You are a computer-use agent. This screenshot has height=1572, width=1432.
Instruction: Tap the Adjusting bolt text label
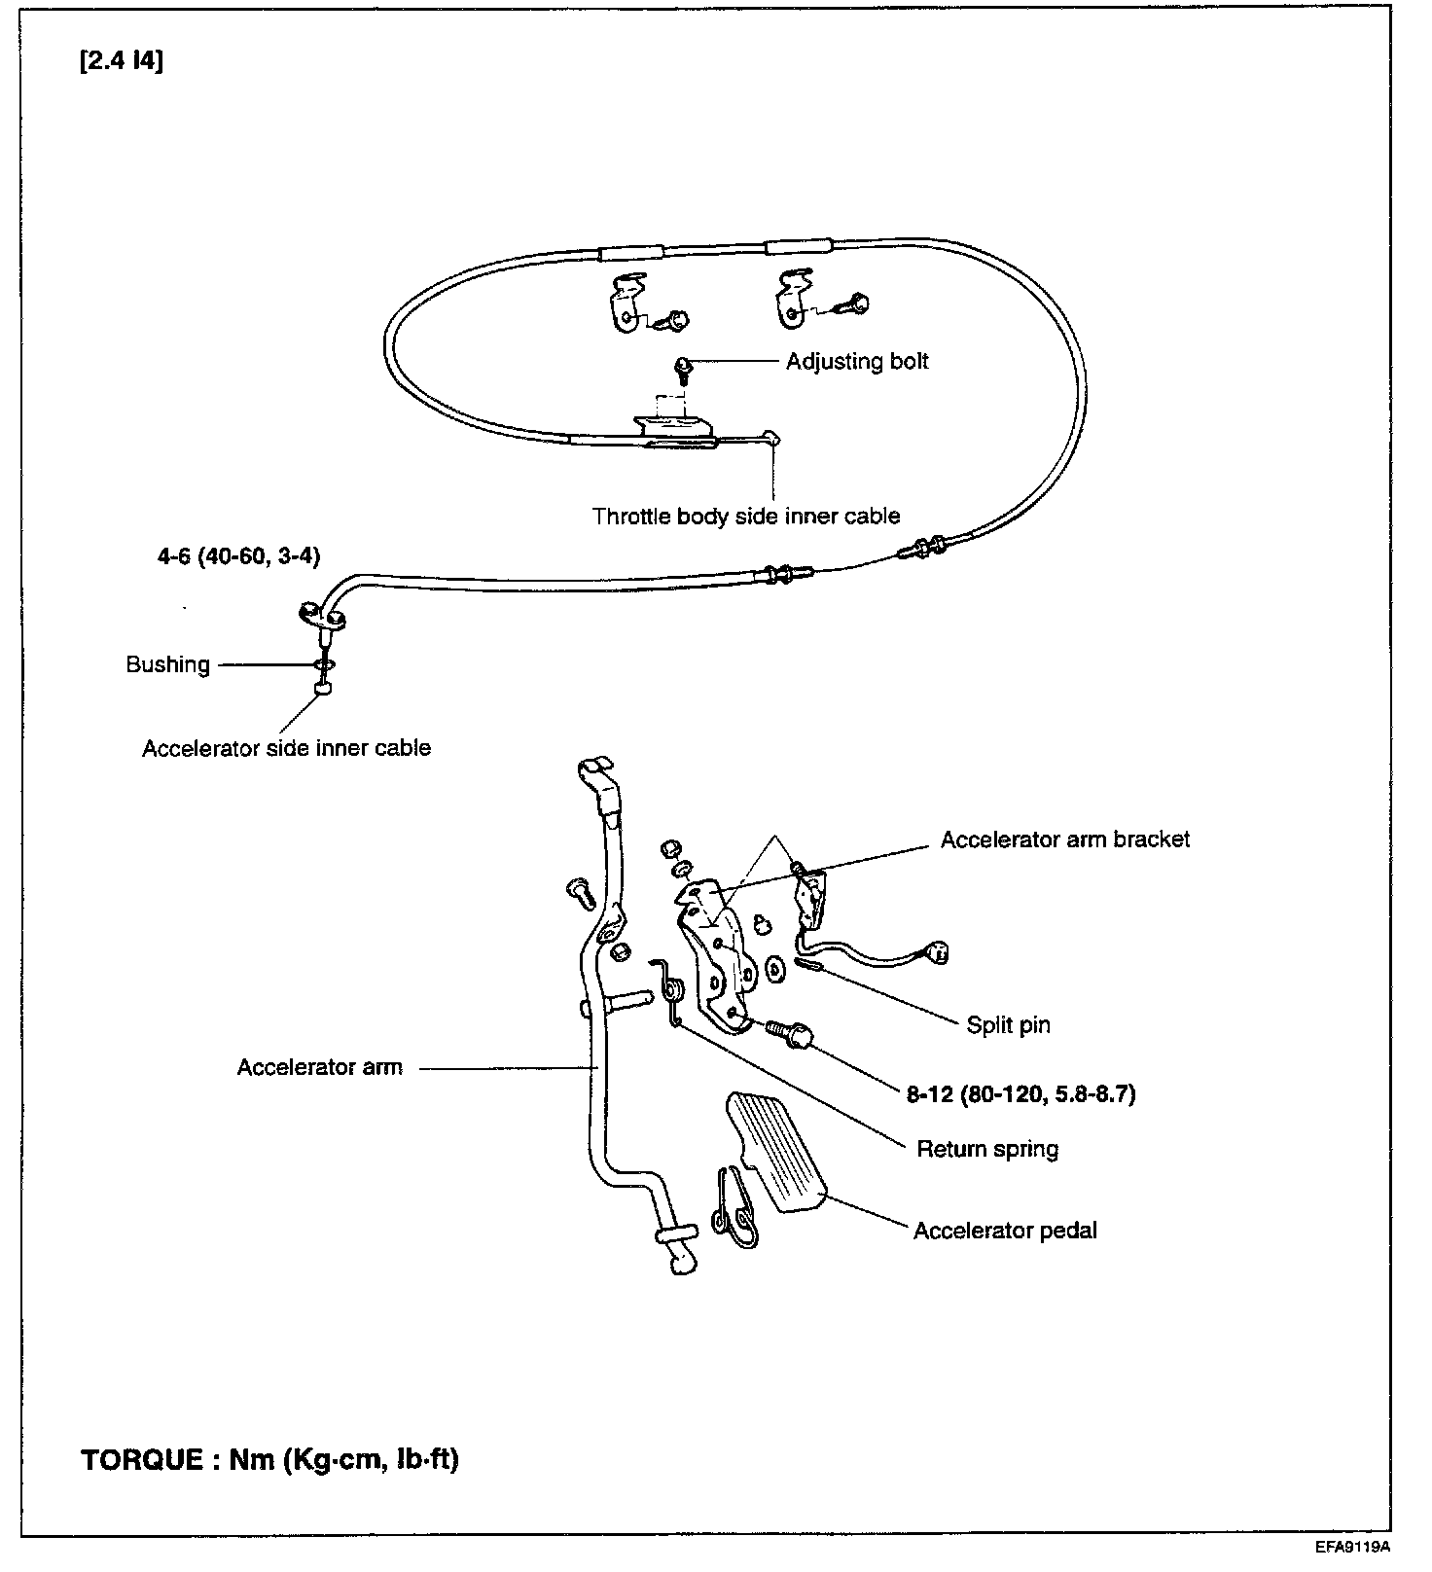pyautogui.click(x=856, y=362)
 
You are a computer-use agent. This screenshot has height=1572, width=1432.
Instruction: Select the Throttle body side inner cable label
pyautogui.click(x=746, y=516)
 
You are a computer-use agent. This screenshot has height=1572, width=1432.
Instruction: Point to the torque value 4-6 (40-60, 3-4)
pyautogui.click(x=239, y=556)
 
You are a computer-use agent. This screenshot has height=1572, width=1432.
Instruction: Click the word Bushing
pyautogui.click(x=168, y=664)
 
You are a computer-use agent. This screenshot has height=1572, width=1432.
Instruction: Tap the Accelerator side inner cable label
pyautogui.click(x=286, y=748)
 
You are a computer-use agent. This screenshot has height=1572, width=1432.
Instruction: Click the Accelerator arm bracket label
pyautogui.click(x=1064, y=840)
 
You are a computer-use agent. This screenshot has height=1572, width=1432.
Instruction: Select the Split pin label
pyautogui.click(x=1008, y=1024)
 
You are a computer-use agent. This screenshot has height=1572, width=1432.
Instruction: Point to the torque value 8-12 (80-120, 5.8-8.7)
pyautogui.click(x=1021, y=1094)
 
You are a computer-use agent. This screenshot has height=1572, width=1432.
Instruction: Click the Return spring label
pyautogui.click(x=987, y=1149)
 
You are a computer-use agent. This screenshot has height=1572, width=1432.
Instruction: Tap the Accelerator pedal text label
pyautogui.click(x=1005, y=1231)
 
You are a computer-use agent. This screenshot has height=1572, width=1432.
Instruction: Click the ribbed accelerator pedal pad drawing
pyautogui.click(x=775, y=1153)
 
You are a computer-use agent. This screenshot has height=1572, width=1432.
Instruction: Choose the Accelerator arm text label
pyautogui.click(x=319, y=1067)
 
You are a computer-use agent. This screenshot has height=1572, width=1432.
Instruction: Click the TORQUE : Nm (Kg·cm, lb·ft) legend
pyautogui.click(x=269, y=1460)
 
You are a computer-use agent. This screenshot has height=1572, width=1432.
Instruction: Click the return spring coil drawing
pyautogui.click(x=672, y=992)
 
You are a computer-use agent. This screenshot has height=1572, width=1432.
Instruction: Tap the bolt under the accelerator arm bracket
pyautogui.click(x=789, y=1031)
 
